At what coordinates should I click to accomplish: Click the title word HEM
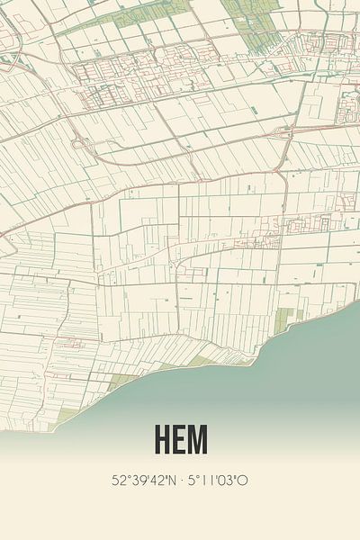(180, 439)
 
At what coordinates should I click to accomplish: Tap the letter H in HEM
(163, 439)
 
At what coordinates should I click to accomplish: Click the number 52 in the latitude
(119, 480)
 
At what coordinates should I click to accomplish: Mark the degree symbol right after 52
(127, 476)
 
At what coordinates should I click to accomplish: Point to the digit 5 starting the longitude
(192, 480)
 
